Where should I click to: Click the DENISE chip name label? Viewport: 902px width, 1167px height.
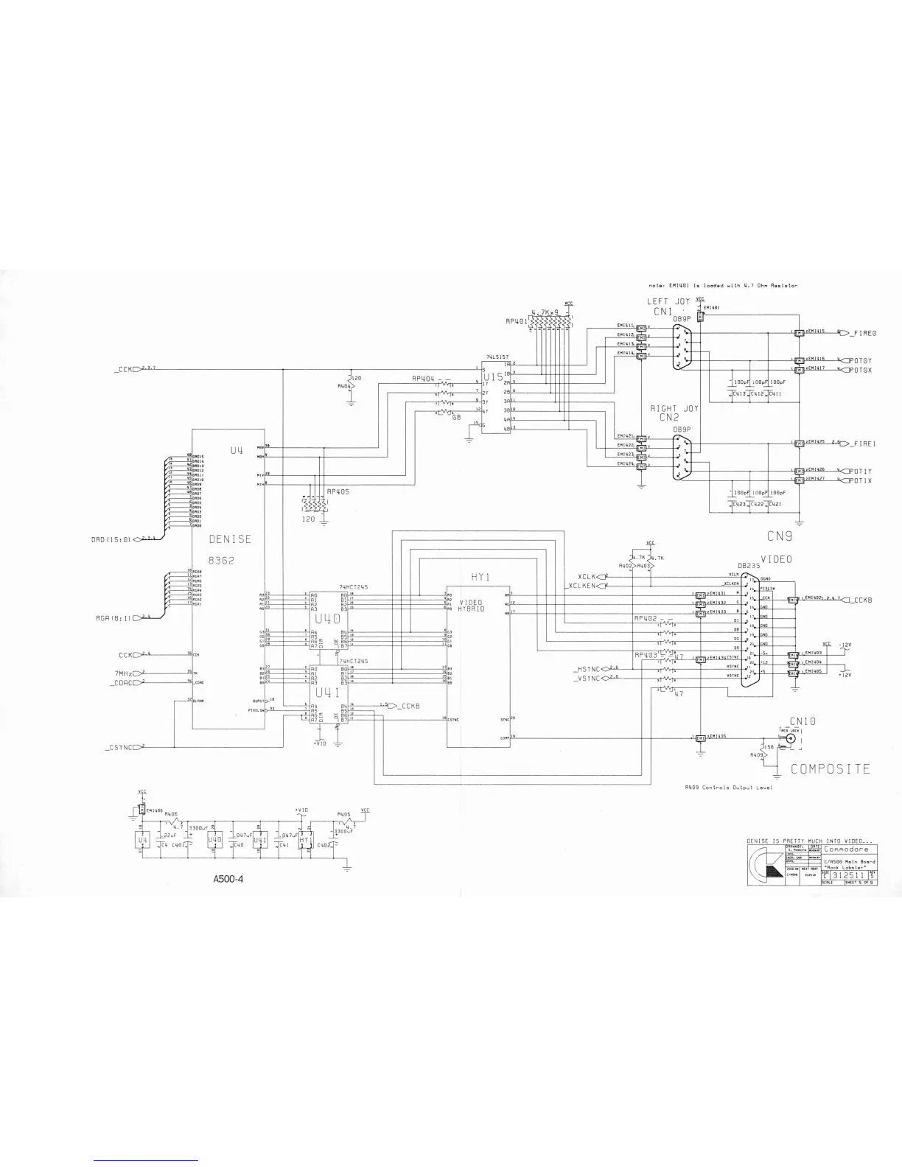pos(230,539)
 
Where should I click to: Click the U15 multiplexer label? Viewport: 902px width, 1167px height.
pos(492,377)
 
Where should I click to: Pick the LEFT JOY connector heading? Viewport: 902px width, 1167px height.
pos(668,301)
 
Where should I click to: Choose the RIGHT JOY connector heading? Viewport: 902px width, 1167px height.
pos(674,408)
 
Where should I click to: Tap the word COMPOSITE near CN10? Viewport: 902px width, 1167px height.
pos(831,769)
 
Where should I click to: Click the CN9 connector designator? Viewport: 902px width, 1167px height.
pos(779,535)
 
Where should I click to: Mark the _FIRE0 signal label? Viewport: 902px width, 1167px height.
pos(861,334)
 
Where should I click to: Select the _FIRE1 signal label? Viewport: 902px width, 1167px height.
pos(861,444)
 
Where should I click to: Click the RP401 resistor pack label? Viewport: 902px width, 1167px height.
pos(517,322)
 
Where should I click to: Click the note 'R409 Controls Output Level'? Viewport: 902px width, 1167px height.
pos(727,788)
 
